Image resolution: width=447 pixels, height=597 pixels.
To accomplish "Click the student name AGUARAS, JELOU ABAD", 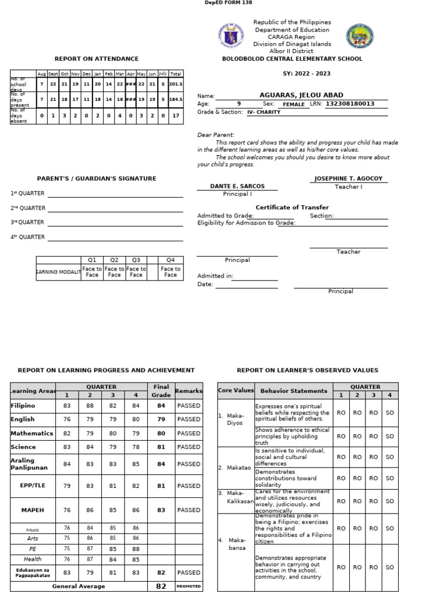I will tap(301, 95).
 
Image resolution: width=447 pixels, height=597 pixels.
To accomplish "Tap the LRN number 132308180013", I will tap(349, 104).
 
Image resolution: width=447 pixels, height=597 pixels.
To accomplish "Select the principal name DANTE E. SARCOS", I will tap(237, 187).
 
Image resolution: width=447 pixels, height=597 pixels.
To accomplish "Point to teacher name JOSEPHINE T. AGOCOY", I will tap(348, 179).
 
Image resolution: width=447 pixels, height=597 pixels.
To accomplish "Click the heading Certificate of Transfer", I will tap(292, 208).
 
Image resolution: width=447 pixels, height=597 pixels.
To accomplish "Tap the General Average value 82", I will tap(161, 587).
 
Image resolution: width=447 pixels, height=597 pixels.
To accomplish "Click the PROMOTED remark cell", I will tap(189, 587).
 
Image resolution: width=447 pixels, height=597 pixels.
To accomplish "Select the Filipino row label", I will tap(23, 405).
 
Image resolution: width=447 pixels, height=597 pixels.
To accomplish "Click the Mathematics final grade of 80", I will tap(161, 433).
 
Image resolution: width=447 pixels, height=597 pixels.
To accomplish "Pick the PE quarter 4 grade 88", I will tap(136, 549).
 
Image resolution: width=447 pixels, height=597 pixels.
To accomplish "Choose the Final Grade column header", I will tap(161, 390).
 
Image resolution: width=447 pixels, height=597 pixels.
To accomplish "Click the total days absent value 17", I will tap(176, 115).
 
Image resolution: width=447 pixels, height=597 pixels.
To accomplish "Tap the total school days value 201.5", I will tap(176, 84).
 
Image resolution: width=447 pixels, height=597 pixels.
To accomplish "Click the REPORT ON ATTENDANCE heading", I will tap(97, 59).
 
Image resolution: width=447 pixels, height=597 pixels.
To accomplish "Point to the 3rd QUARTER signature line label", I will tap(27, 222).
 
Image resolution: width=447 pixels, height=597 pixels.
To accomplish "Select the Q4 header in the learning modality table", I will tap(171, 260).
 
